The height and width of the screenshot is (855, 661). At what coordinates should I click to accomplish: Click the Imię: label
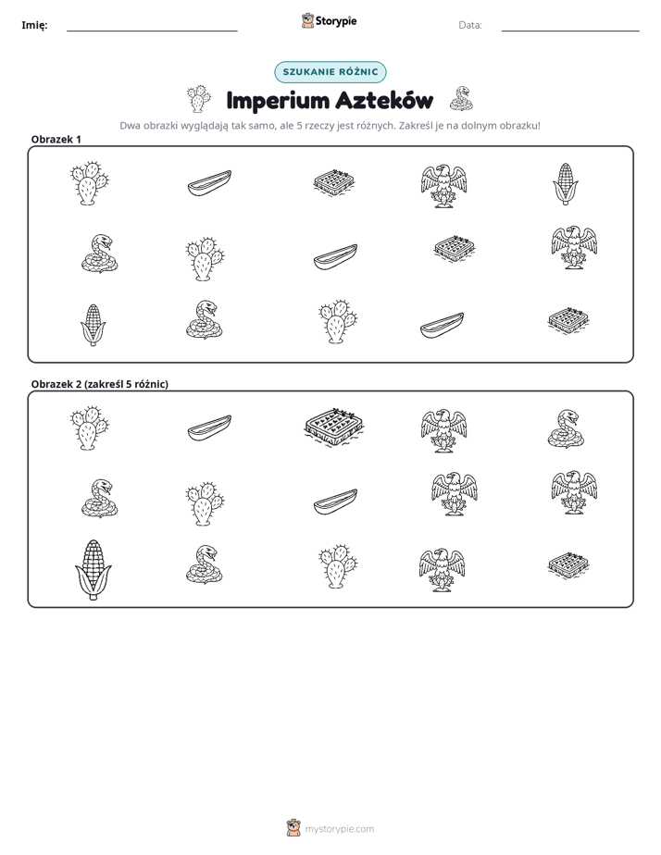[x=34, y=25]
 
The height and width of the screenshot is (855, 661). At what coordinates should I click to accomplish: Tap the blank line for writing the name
[x=152, y=31]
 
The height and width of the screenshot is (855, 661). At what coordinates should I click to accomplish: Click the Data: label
[x=470, y=25]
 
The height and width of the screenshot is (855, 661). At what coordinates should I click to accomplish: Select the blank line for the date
[x=570, y=31]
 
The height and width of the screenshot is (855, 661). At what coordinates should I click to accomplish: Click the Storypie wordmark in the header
[x=336, y=21]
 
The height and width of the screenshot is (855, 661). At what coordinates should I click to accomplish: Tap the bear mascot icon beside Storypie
[x=307, y=20]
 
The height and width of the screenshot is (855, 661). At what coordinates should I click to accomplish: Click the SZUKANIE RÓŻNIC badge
[x=330, y=72]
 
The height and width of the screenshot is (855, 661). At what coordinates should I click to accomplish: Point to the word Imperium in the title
[x=278, y=101]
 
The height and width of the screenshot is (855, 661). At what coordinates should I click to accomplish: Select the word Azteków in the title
[x=384, y=100]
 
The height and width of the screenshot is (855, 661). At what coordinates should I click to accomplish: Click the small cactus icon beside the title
[x=198, y=99]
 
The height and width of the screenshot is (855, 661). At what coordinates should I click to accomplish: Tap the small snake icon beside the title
[x=461, y=99]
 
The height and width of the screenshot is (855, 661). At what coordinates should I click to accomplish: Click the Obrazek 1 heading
[x=56, y=139]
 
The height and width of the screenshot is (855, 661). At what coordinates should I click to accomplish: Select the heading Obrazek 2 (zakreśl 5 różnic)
[x=100, y=384]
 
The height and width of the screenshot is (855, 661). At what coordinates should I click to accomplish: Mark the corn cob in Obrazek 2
[x=94, y=570]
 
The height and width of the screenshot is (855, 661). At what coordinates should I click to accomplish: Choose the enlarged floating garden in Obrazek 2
[x=334, y=427]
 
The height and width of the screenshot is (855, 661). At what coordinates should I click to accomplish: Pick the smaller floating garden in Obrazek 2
[x=568, y=565]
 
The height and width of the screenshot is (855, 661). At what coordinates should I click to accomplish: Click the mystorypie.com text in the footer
[x=339, y=829]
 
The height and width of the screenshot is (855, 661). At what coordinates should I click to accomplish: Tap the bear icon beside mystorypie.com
[x=293, y=828]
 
